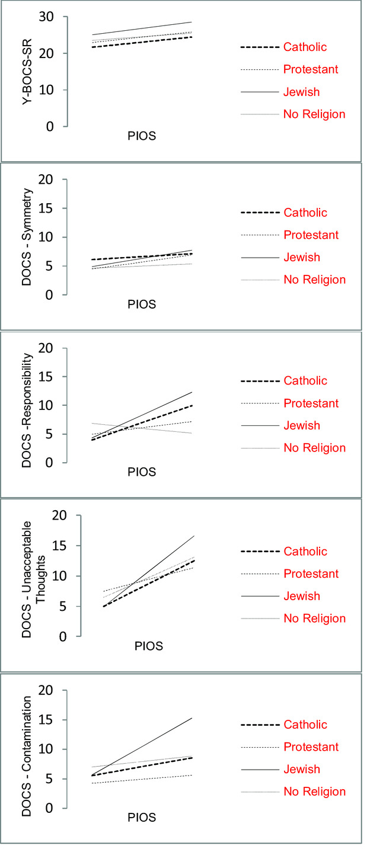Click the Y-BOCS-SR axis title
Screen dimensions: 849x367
(x=28, y=72)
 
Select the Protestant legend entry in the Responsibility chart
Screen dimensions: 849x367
(x=311, y=403)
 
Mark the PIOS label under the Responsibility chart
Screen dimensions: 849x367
(x=142, y=472)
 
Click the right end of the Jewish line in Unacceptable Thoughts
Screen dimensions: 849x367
(x=194, y=536)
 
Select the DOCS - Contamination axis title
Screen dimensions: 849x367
(x=27, y=749)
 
